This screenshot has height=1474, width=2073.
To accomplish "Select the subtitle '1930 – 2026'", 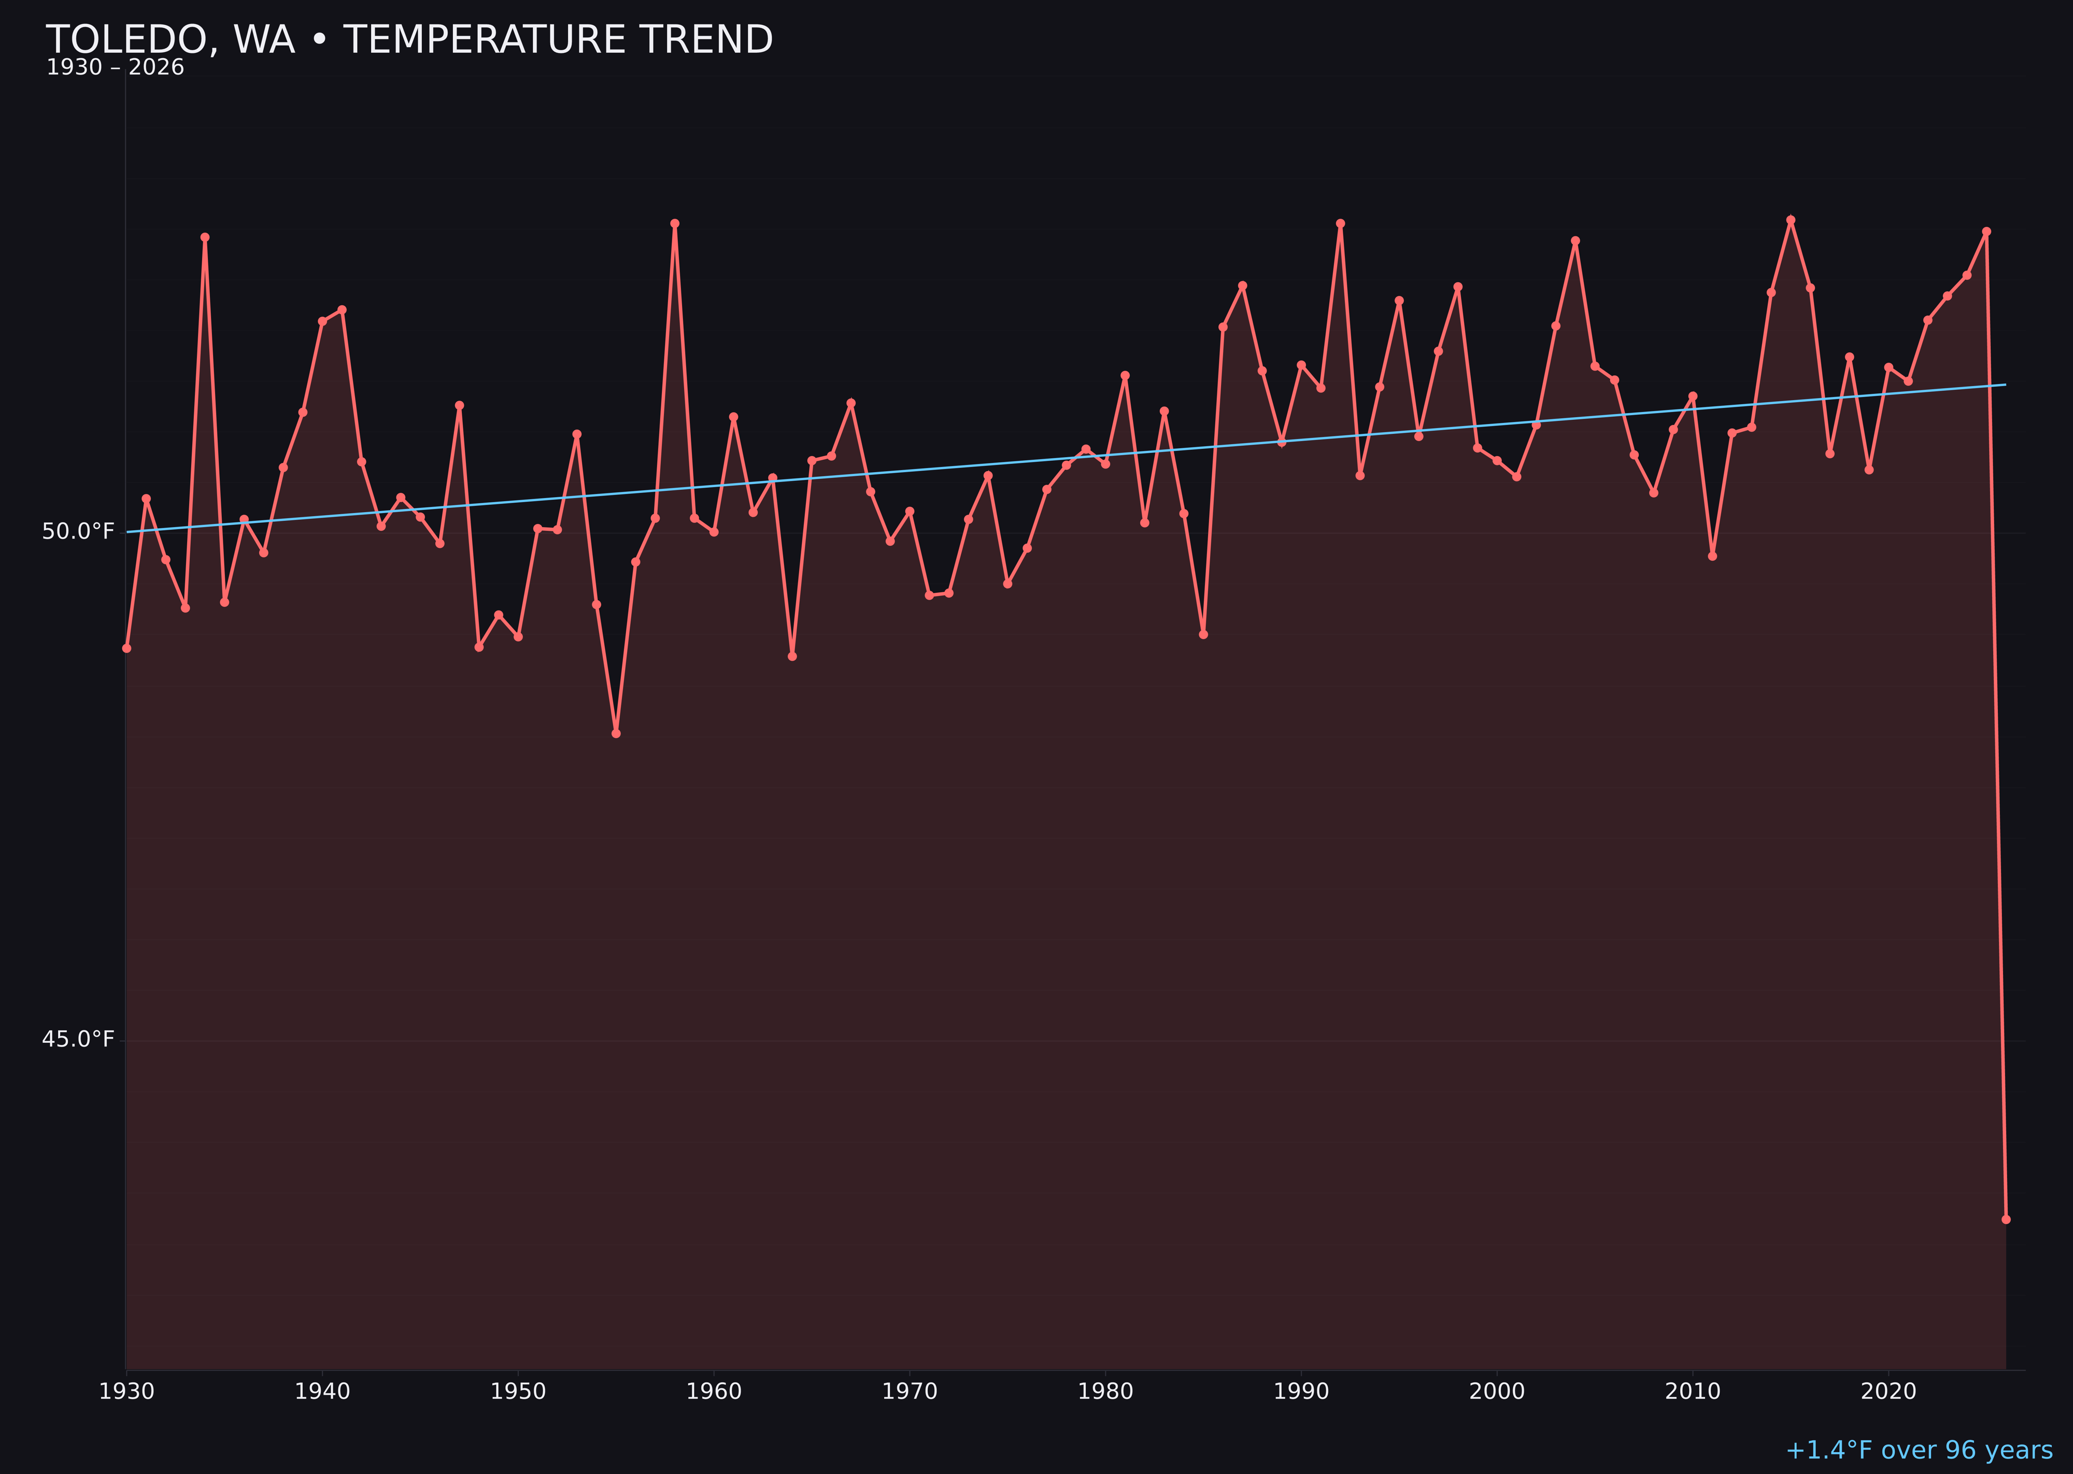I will tap(115, 68).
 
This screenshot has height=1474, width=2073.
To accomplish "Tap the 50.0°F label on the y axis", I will tap(78, 531).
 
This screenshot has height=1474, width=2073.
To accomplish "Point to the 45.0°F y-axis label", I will tap(78, 1039).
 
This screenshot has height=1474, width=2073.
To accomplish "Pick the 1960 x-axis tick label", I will tap(714, 1392).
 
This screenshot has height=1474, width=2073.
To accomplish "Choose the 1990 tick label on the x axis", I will tap(1301, 1392).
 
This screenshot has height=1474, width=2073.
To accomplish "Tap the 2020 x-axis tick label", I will tap(1888, 1392).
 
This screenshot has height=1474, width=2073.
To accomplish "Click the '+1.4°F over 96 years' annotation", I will tap(1919, 1450).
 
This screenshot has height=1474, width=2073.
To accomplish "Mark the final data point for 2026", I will tap(2006, 1219).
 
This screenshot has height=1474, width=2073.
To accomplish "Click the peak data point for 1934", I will tap(205, 237).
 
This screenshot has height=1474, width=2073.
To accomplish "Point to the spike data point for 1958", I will tap(674, 223).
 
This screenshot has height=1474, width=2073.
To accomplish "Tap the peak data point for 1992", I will tap(1341, 223).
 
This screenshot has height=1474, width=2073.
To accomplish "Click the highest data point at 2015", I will tap(1791, 220).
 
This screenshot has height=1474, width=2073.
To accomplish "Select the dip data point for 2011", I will tap(1713, 556).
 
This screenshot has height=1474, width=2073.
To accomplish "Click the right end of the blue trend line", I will tap(2005, 385).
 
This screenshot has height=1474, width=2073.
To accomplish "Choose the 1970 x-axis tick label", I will tap(910, 1392).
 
